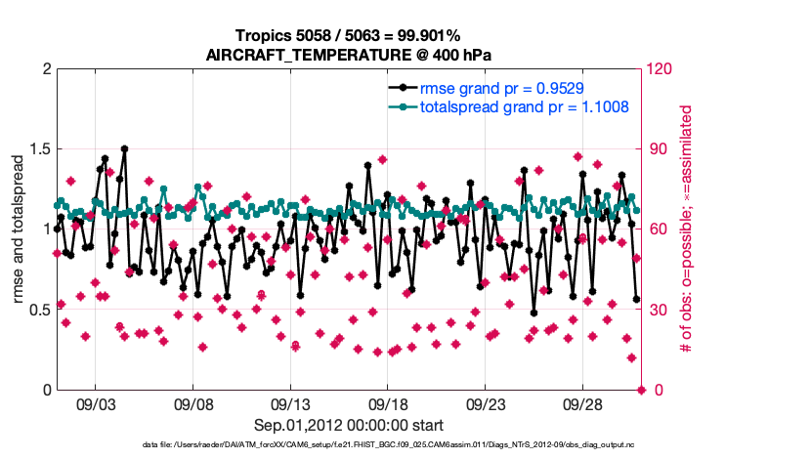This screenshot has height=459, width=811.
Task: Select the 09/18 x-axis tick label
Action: [387, 404]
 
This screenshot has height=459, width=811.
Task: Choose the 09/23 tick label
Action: [485, 404]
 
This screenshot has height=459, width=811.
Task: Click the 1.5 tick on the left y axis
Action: [38, 149]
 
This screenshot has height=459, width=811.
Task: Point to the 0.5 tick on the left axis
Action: [38, 311]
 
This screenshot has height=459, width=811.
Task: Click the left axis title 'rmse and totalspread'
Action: [19, 229]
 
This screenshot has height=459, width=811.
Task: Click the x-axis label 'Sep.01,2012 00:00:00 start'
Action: [349, 425]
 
